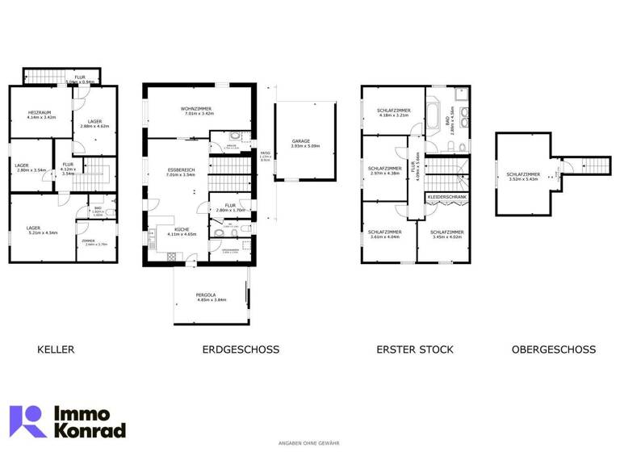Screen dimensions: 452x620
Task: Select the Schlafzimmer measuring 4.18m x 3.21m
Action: point(394,112)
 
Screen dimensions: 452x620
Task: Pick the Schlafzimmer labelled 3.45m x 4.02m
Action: point(446,233)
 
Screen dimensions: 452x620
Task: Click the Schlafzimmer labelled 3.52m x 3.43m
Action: point(522,174)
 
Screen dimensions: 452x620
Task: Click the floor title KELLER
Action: point(56,349)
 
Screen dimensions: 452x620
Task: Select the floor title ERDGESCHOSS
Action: point(241,349)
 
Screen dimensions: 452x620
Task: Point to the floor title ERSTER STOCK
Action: point(415,349)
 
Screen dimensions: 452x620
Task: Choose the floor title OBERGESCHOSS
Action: point(554,349)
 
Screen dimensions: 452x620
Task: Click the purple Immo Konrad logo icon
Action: point(27,421)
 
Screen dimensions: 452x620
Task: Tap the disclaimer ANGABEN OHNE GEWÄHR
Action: point(309,443)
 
